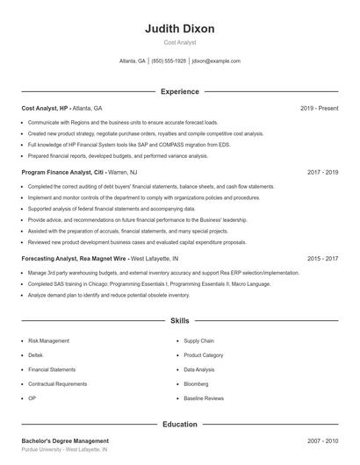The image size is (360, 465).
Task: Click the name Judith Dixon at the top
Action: [x=179, y=28]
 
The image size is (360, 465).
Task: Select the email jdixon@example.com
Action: [x=216, y=61]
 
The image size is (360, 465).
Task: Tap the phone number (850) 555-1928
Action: [x=169, y=61]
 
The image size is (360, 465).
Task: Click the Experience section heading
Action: [x=179, y=91]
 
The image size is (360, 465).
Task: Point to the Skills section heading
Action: [x=179, y=322]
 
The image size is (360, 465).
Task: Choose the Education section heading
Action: [x=179, y=425]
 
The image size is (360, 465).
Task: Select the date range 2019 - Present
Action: [x=319, y=108]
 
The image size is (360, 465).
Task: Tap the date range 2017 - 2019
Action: [x=322, y=172]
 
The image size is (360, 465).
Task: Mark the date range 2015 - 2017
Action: [x=322, y=259]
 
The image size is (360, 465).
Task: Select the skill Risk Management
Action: [x=48, y=340]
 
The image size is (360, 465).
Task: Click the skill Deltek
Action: [x=37, y=355]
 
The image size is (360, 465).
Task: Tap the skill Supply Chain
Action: [x=199, y=340]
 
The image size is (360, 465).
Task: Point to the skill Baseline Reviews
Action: [x=204, y=399]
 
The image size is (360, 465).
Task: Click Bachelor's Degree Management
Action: [x=65, y=440]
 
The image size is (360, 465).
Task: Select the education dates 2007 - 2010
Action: [x=322, y=440]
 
